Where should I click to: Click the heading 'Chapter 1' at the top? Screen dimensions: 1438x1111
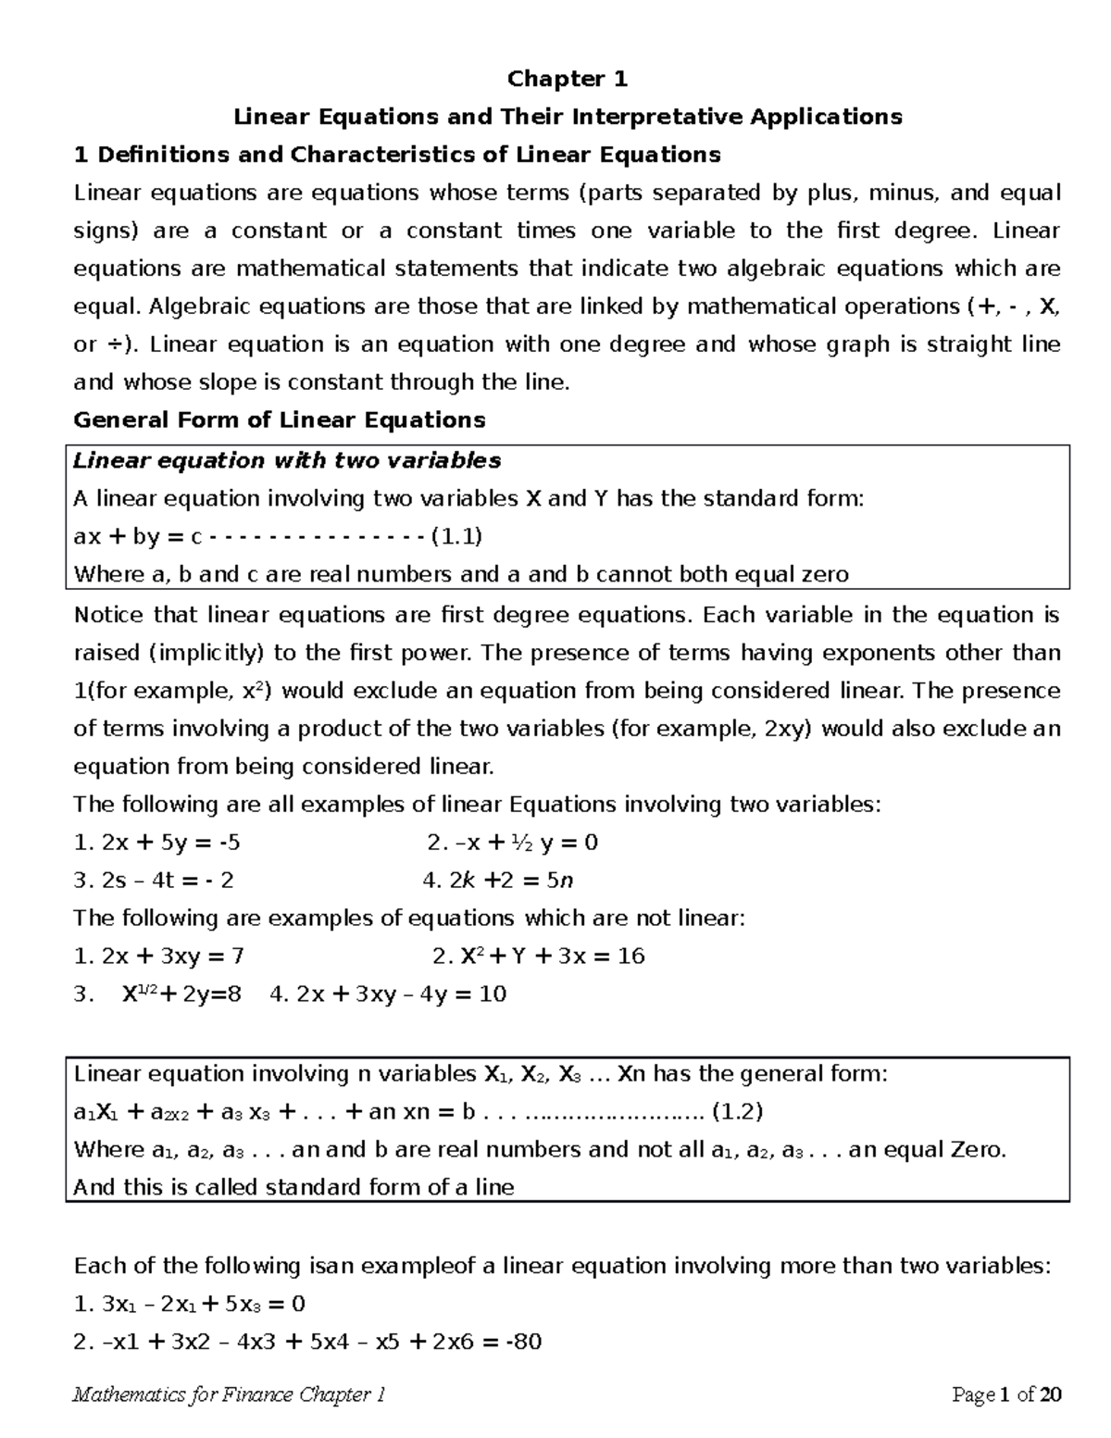click(x=567, y=80)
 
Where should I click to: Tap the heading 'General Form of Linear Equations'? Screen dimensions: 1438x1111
click(x=279, y=420)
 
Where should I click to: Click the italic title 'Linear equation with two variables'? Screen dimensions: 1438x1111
click(x=287, y=461)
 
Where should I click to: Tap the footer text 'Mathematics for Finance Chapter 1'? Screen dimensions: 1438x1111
click(x=229, y=1395)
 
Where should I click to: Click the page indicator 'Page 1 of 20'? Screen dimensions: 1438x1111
click(x=1006, y=1395)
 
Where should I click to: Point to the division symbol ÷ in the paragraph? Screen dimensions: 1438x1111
click(x=110, y=345)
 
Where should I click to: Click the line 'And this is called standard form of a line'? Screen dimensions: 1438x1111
click(x=293, y=1188)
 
